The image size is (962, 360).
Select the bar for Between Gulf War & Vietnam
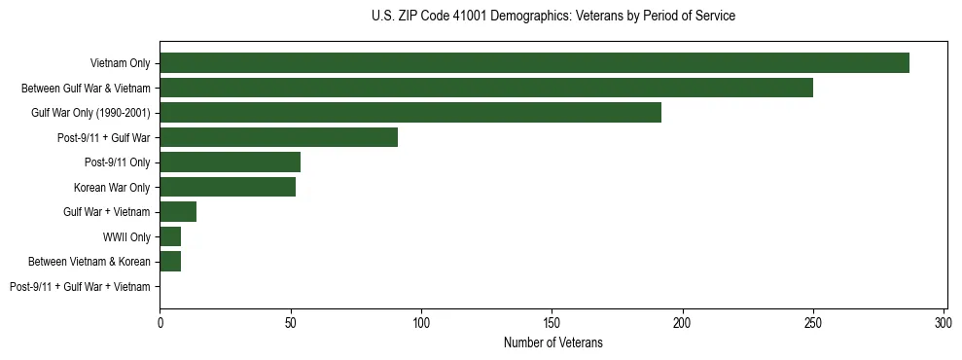[x=486, y=88]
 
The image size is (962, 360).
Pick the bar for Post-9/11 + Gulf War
[x=278, y=137]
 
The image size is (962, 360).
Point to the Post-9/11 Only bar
[x=230, y=162]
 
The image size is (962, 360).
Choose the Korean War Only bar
[x=228, y=187]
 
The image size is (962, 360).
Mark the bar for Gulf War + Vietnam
[x=178, y=212]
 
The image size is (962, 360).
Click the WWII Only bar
[x=170, y=236]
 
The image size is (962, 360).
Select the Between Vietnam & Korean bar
[x=170, y=262]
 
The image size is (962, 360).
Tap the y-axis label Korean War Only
[x=112, y=187]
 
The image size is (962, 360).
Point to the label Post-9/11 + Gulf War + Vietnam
[x=80, y=287]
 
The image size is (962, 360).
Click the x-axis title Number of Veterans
[x=552, y=342]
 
